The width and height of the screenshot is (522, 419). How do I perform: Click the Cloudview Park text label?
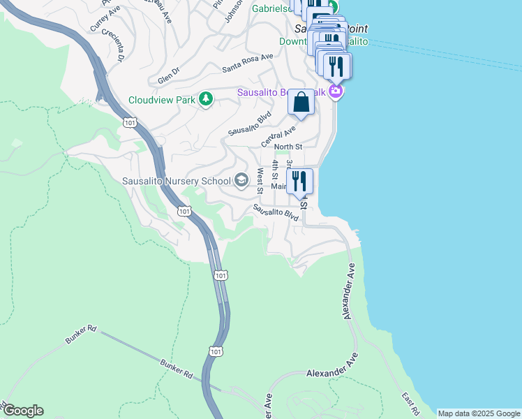tap(162, 100)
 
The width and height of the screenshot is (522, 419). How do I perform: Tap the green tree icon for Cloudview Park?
tap(206, 99)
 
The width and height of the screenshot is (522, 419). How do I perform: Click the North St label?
tap(288, 147)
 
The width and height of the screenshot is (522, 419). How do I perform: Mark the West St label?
tap(260, 180)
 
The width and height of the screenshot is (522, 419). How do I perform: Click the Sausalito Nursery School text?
tap(176, 182)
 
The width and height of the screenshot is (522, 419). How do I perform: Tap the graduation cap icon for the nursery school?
tap(241, 181)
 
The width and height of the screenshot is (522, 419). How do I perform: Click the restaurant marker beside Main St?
tap(299, 182)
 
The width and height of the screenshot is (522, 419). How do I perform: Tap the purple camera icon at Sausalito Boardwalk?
tap(336, 92)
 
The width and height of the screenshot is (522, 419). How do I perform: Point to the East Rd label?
tap(408, 404)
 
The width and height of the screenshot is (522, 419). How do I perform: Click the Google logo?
tap(22, 411)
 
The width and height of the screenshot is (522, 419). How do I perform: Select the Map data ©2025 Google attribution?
tap(479, 413)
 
